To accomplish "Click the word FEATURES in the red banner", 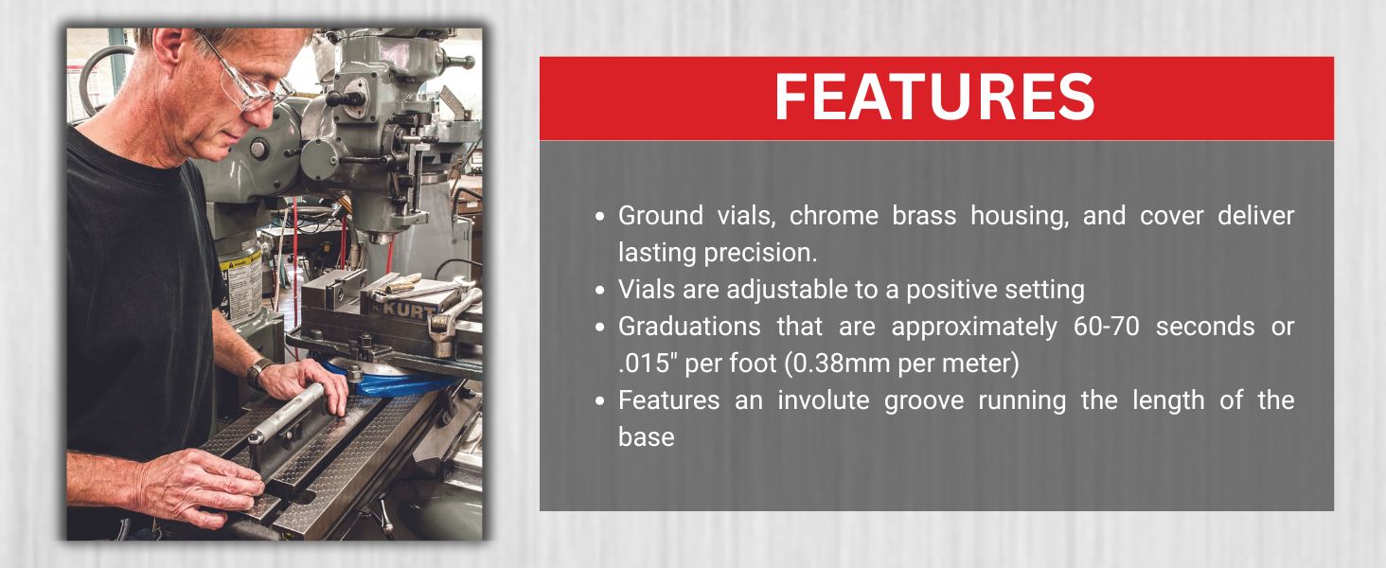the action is [x=935, y=97].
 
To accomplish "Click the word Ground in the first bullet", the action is [x=660, y=216].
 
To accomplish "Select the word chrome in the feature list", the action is [x=833, y=216].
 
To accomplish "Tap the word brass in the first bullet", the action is [x=924, y=216].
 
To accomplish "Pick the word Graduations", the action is [x=689, y=327].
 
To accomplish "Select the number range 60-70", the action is [x=1107, y=327].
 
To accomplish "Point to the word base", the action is [x=646, y=437].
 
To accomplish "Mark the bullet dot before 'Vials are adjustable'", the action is [x=599, y=291].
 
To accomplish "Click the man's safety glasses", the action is [x=251, y=78].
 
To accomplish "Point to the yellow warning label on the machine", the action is [x=240, y=288].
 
